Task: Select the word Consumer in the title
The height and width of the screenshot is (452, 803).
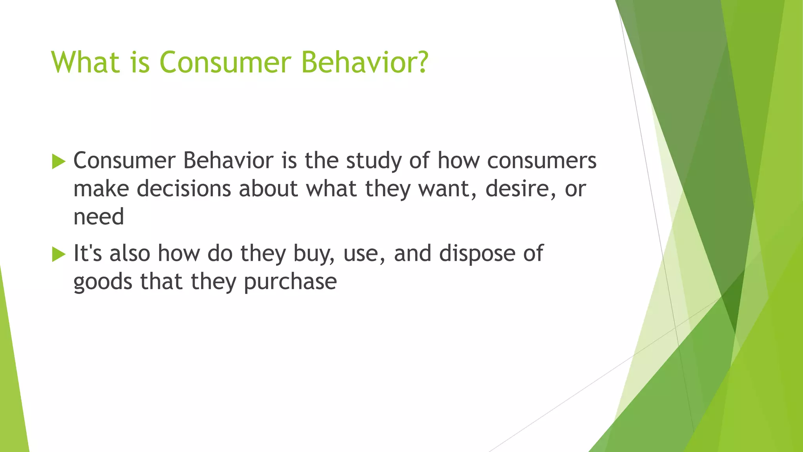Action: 225,62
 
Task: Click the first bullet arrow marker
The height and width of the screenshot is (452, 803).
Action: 58,162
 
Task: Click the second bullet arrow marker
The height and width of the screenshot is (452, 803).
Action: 58,254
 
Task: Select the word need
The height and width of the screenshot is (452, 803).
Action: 98,217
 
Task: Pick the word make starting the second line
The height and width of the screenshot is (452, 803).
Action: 101,189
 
